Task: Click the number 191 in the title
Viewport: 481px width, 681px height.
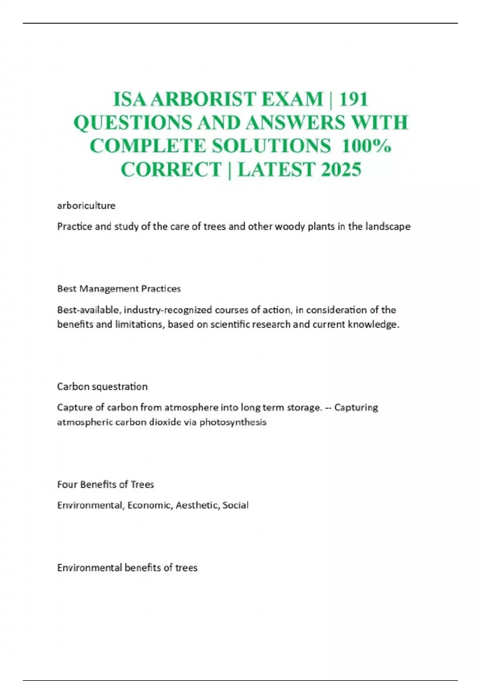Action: [x=354, y=99]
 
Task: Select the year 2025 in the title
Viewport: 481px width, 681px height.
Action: [x=341, y=169]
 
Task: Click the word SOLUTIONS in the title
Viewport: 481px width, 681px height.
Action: [x=271, y=146]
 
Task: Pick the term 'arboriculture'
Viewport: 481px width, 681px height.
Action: [x=86, y=206]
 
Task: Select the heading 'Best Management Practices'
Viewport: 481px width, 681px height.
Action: [x=119, y=289]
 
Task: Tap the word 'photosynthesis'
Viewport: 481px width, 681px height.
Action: [x=233, y=422]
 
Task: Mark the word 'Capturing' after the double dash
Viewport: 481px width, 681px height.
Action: [x=356, y=407]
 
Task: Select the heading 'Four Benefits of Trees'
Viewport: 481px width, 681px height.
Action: [x=105, y=484]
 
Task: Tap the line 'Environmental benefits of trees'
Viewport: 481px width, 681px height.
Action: [x=127, y=568]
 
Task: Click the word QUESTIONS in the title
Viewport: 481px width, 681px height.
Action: [x=133, y=122]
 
